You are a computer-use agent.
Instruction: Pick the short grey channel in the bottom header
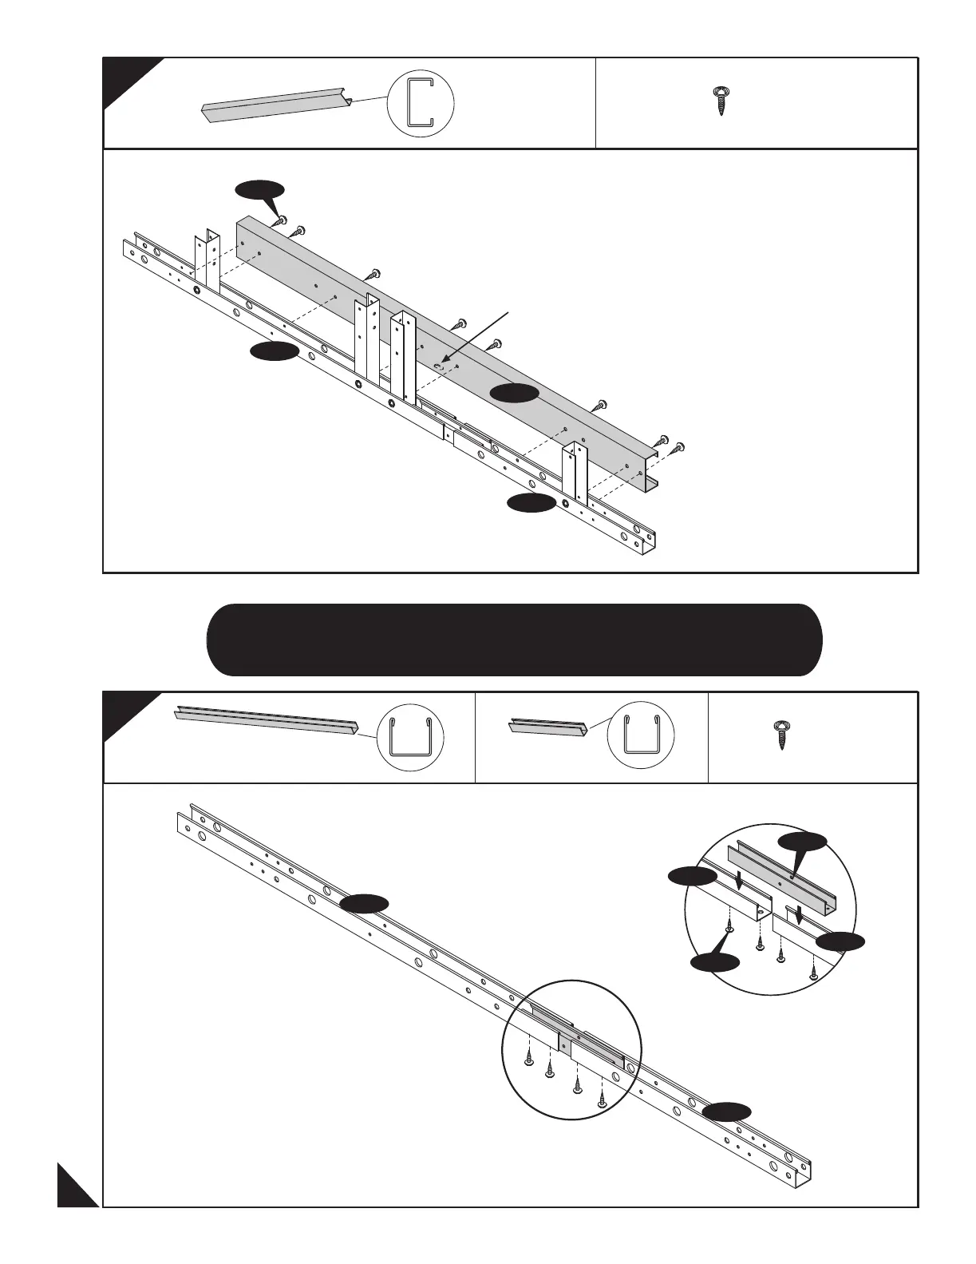(x=548, y=728)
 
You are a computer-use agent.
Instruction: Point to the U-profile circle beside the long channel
(x=409, y=738)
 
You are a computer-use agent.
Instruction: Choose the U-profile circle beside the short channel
(x=640, y=738)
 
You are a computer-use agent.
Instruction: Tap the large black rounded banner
(x=514, y=640)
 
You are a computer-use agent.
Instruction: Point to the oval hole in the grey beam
(x=439, y=366)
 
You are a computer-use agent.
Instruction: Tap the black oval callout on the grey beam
(x=513, y=392)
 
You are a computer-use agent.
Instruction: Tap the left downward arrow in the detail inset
(x=741, y=881)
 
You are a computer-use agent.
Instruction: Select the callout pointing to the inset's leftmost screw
(x=713, y=964)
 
